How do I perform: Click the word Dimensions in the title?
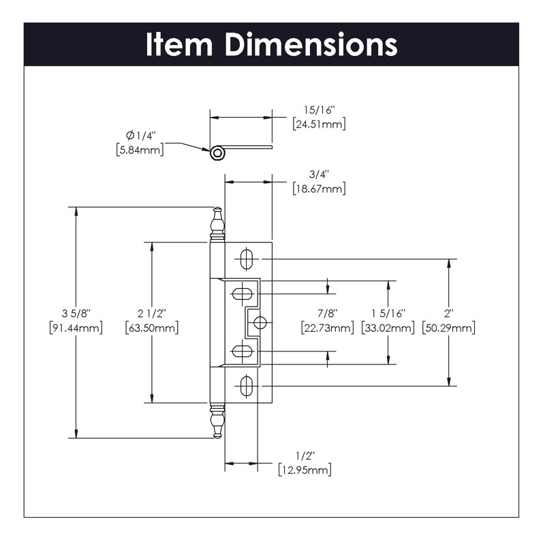(x=311, y=44)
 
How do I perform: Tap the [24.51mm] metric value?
(x=318, y=124)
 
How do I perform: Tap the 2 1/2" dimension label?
(x=152, y=313)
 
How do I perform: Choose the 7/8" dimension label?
(x=328, y=313)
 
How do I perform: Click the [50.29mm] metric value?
(x=449, y=328)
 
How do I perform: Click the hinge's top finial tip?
(x=217, y=210)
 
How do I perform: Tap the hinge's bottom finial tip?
(x=217, y=437)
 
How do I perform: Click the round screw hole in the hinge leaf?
(x=260, y=321)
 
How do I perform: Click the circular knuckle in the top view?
(x=217, y=153)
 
